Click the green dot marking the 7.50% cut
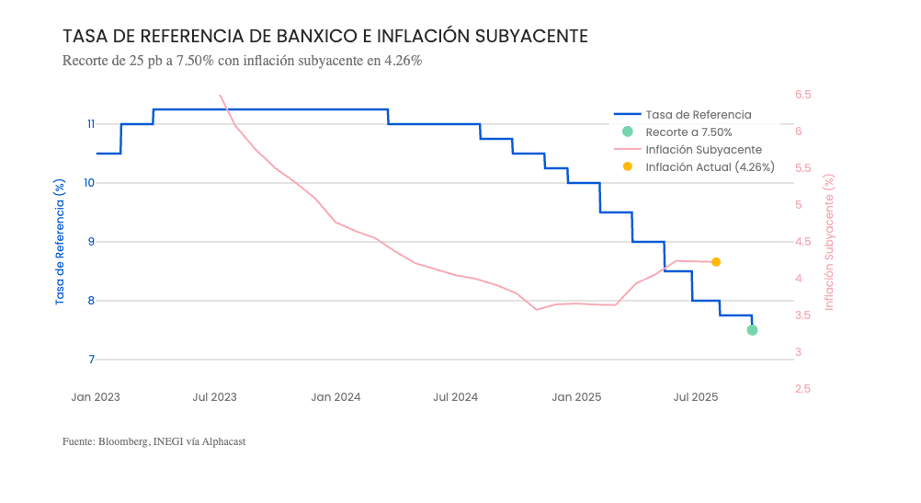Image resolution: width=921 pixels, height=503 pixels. click(752, 330)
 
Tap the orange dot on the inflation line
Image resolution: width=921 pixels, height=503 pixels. click(716, 262)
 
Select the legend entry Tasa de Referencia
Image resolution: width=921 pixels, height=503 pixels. click(699, 115)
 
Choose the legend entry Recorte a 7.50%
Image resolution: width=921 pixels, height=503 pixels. click(688, 132)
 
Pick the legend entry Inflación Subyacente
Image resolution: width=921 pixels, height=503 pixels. click(703, 150)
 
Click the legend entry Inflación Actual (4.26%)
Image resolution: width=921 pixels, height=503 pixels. click(710, 167)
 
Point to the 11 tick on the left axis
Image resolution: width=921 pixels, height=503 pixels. click(90, 124)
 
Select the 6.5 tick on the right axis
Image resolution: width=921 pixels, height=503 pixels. click(803, 95)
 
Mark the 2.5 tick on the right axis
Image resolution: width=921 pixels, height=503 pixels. click(803, 389)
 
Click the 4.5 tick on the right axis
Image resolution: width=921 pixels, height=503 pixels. click(803, 242)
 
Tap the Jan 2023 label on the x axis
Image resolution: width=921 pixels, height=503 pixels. click(96, 397)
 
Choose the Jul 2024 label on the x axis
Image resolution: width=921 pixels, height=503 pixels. click(455, 397)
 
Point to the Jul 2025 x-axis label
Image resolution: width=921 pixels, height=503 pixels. click(696, 397)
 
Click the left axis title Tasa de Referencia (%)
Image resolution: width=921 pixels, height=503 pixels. click(61, 242)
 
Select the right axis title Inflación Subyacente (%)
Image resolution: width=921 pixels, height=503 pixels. click(829, 242)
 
